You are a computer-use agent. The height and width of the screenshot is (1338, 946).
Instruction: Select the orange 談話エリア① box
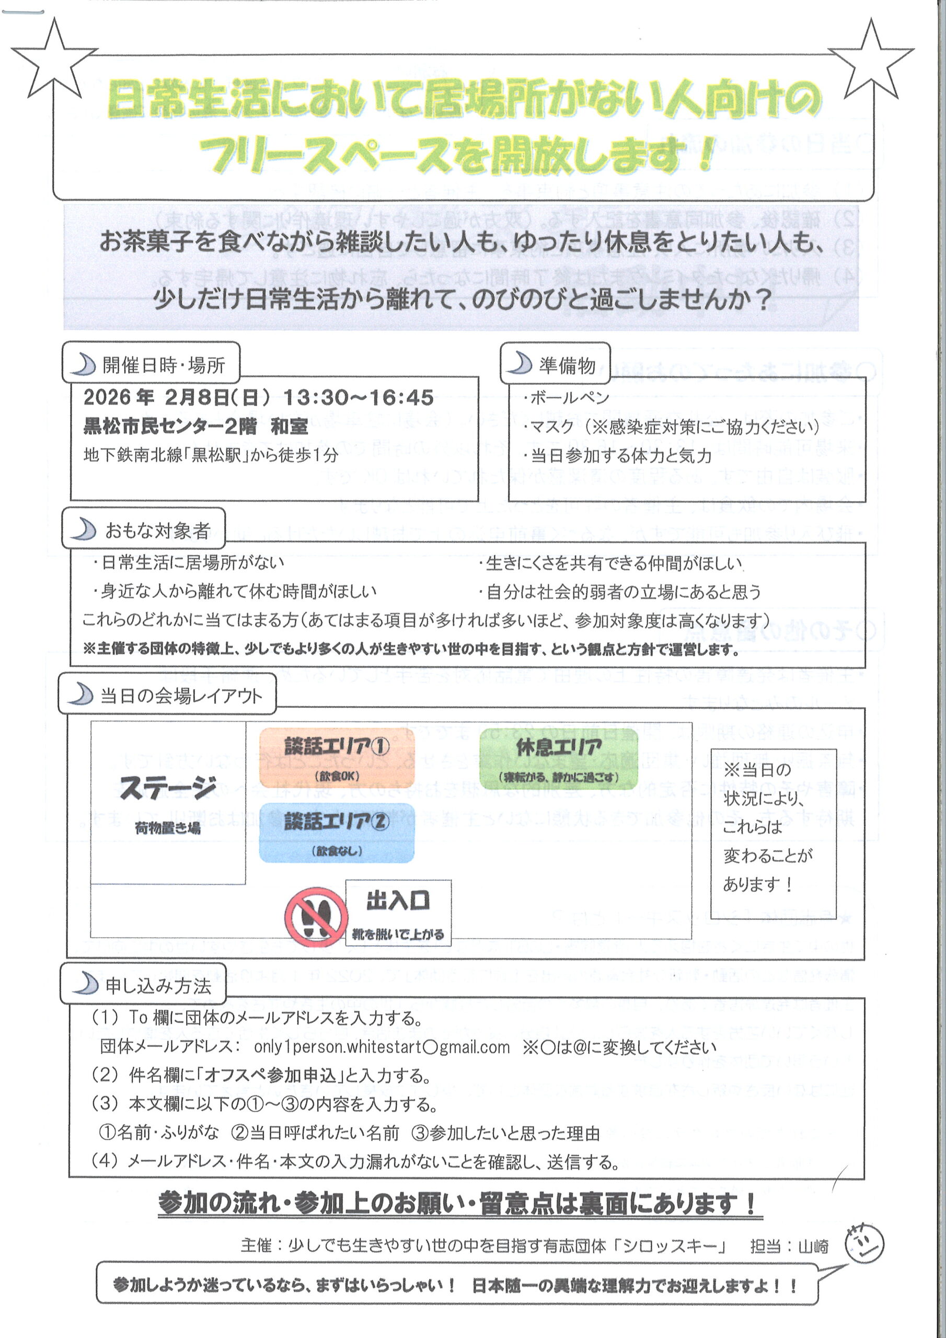337,757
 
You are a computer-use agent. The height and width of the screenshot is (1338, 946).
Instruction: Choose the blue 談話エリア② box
337,832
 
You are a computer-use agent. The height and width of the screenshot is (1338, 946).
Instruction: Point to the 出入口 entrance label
398,901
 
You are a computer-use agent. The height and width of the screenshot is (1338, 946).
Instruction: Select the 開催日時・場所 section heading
163,365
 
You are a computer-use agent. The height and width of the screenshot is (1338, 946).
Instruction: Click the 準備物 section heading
567,365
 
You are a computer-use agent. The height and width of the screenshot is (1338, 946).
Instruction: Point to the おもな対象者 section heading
157,530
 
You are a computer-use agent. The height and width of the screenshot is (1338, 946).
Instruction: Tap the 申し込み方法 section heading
158,986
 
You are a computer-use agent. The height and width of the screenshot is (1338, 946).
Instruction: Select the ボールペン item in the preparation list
569,397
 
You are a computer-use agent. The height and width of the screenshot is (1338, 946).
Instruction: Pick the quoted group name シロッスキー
674,1247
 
